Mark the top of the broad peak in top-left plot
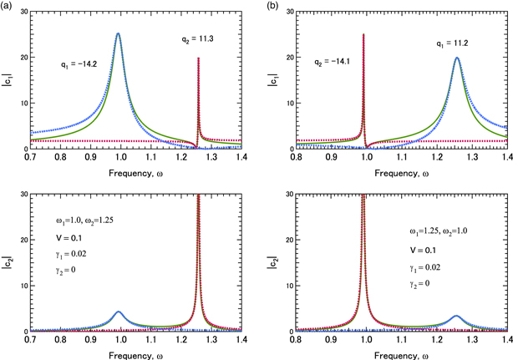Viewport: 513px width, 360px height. (118, 34)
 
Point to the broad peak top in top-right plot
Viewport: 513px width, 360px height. (456, 58)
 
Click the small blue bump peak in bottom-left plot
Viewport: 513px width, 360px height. (118, 312)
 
